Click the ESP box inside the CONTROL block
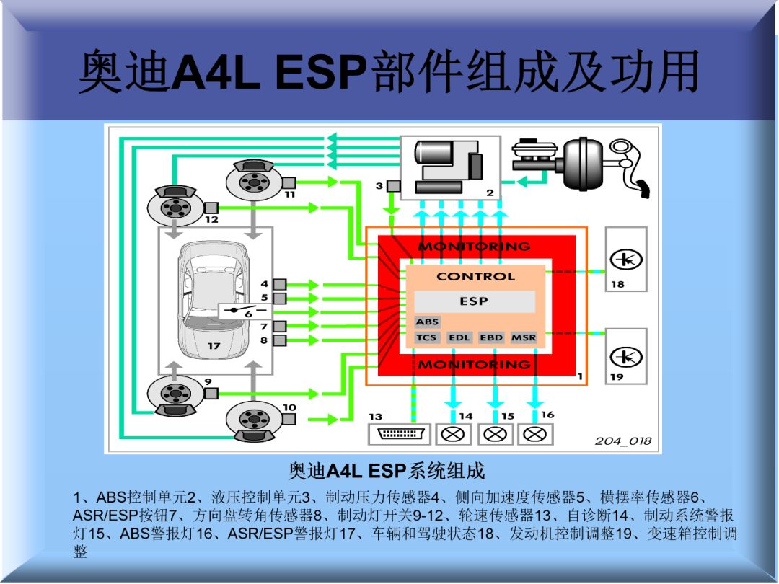click(474, 301)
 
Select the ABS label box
click(427, 322)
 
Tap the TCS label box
click(427, 337)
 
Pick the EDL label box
click(459, 337)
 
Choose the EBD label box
click(491, 337)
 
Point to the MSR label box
click(524, 337)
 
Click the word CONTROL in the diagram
click(475, 276)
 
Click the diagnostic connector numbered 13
click(399, 434)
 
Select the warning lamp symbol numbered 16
click(535, 434)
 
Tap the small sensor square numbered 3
click(392, 186)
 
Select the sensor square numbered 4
click(279, 285)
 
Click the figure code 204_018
click(622, 441)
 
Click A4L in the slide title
click(216, 72)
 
